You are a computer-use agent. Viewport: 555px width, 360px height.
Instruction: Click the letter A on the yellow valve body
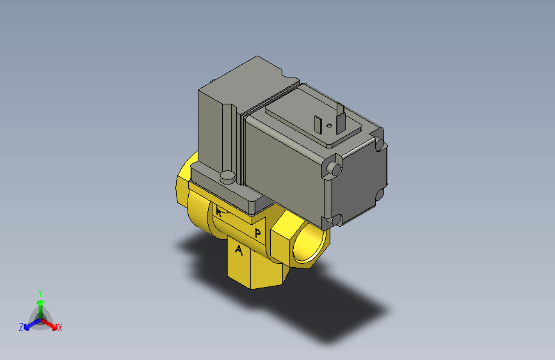239,250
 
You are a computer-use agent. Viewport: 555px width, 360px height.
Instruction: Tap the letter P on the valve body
257,232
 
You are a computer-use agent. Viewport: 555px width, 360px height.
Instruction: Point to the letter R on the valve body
220,212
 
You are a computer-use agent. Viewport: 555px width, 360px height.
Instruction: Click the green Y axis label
40,292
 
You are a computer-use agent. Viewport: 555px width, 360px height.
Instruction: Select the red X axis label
60,328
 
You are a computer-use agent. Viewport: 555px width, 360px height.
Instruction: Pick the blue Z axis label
21,327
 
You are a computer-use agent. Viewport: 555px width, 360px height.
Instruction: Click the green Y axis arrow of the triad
40,303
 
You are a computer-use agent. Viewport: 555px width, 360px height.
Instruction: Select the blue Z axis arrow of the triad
29,325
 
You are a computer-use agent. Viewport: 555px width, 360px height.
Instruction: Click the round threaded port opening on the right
309,245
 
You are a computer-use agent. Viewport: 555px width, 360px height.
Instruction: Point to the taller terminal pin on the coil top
339,120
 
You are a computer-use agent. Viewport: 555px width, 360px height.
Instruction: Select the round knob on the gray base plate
227,176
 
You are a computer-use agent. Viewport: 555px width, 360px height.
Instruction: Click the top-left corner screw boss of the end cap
333,168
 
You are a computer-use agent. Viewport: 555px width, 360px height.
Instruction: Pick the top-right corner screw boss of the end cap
382,145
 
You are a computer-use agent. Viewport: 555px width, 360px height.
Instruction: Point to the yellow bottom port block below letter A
252,272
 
